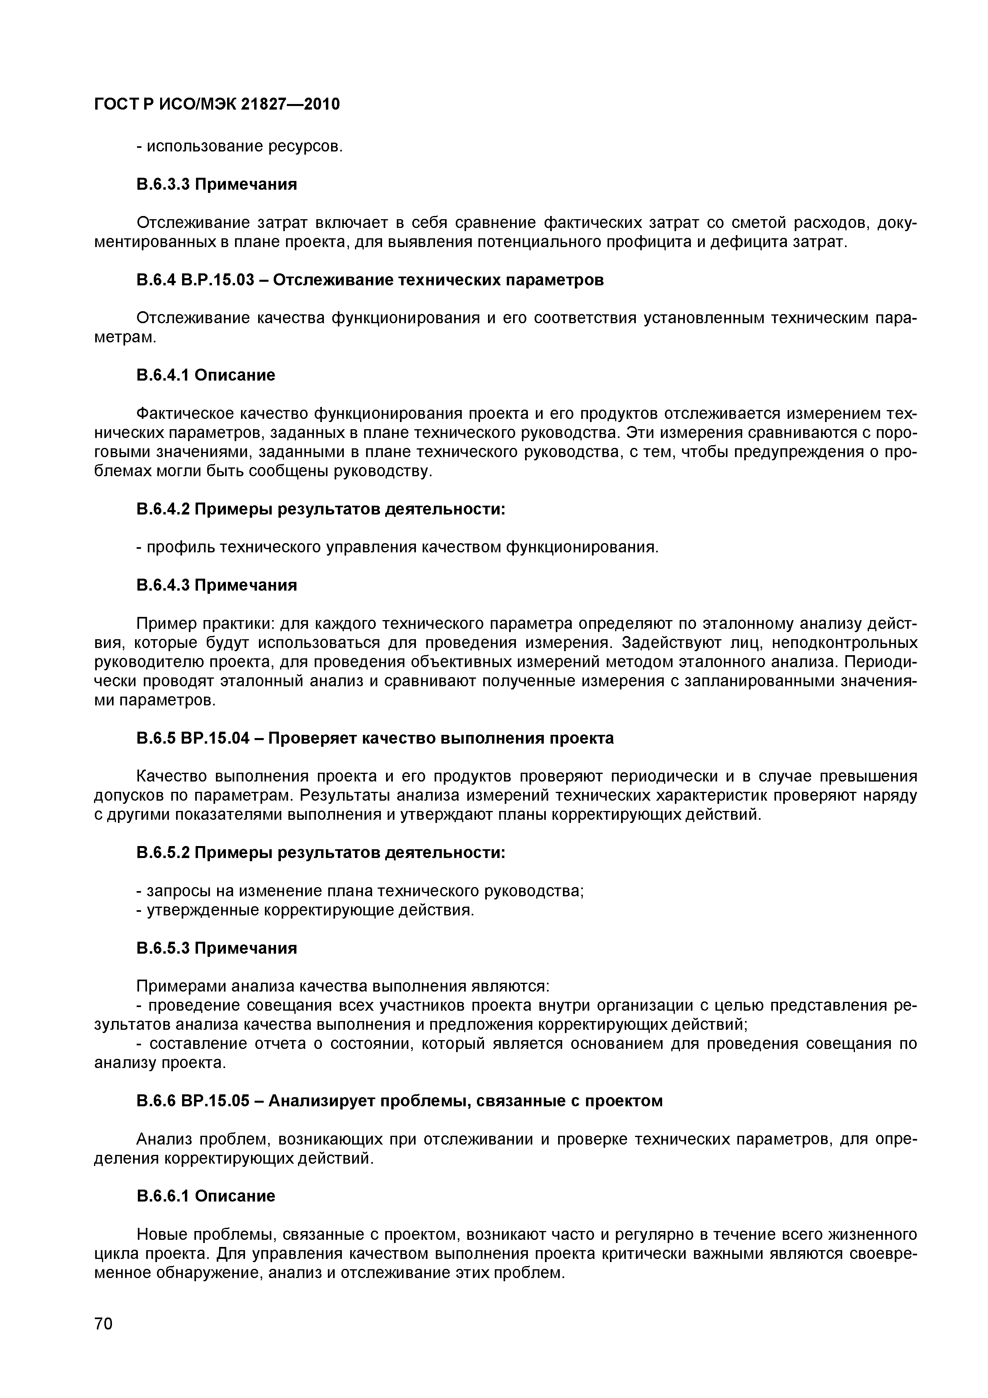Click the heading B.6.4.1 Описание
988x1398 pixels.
[x=206, y=375]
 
